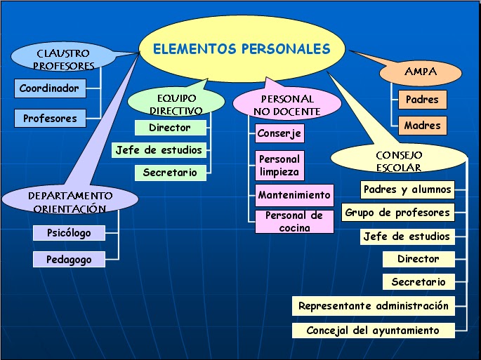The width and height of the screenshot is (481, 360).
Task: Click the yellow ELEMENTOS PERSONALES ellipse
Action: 242,49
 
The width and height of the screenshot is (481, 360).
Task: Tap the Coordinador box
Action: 49,88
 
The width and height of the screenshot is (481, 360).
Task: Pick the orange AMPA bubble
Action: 421,72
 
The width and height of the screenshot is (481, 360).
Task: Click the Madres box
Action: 422,126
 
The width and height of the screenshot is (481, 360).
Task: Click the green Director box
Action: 171,128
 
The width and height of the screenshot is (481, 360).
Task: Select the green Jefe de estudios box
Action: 159,150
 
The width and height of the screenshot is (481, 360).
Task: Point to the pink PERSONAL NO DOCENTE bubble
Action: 286,105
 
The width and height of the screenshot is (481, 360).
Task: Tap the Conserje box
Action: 279,133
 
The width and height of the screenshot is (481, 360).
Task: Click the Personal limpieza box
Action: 279,166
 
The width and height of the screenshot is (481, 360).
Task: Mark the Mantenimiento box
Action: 294,195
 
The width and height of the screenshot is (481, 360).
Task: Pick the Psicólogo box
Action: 69,233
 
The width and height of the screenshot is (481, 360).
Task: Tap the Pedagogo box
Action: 69,260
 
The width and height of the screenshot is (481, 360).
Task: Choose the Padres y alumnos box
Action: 407,189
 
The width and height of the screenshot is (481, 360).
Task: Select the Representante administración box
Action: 373,306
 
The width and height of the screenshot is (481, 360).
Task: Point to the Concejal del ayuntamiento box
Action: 373,330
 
